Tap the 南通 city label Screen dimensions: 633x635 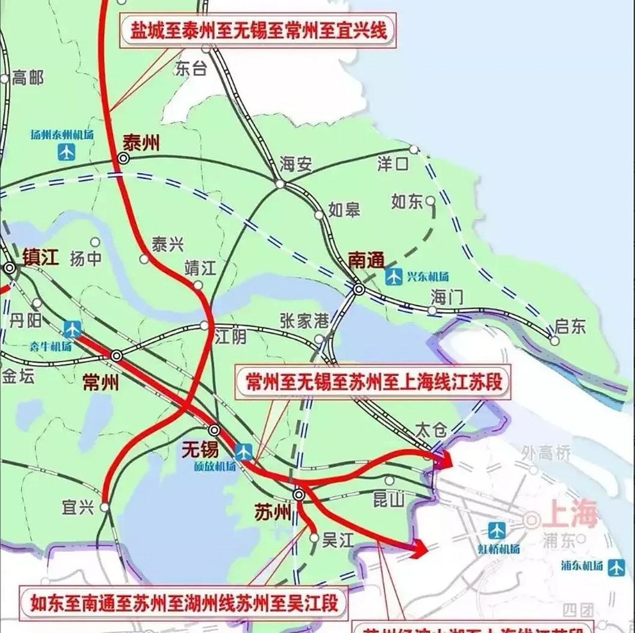(366, 260)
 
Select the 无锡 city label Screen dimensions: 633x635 (200, 450)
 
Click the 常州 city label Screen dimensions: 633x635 (101, 382)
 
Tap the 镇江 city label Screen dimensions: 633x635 (41, 258)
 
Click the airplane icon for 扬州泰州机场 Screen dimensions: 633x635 (66, 152)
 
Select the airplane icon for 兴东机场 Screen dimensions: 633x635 (394, 276)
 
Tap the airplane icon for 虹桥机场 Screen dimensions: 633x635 (496, 531)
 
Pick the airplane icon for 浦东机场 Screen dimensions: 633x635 (617, 567)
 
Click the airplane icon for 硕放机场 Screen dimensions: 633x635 (244, 451)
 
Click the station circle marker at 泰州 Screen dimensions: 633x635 (123, 158)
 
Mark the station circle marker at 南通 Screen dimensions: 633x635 (359, 289)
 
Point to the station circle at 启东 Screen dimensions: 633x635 (555, 341)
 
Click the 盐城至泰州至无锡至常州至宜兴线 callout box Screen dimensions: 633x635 (258, 32)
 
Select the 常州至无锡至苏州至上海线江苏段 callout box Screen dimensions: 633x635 (374, 382)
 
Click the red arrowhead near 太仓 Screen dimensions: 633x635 (446, 460)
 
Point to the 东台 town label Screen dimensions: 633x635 (191, 69)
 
